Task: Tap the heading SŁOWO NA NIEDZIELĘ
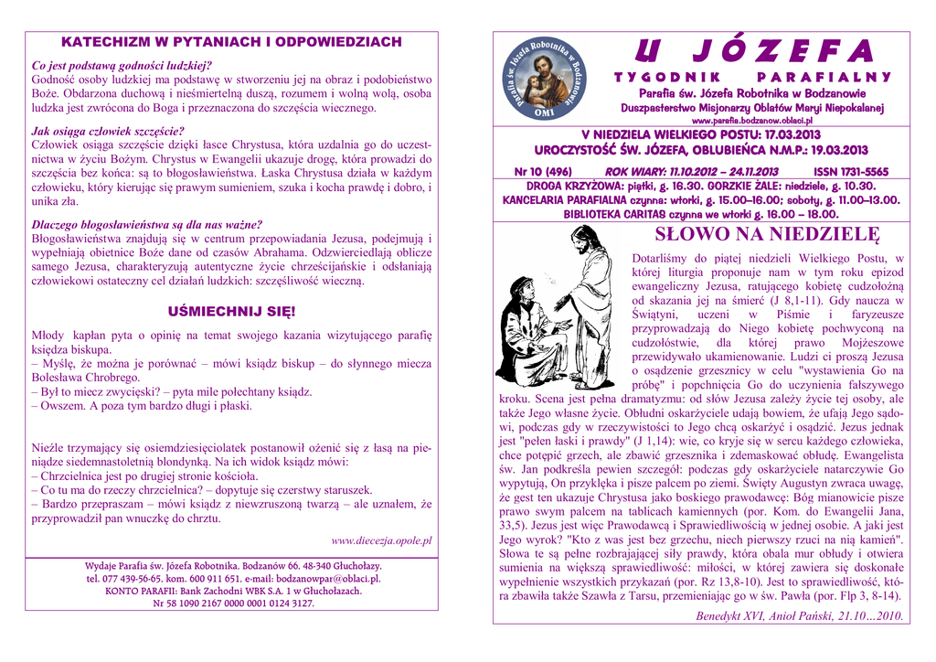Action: (767, 235)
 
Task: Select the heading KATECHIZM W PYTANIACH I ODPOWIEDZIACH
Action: (231, 42)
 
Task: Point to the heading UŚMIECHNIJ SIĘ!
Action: (230, 311)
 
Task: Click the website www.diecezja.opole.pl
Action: (381, 540)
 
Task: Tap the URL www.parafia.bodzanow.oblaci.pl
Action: (752, 121)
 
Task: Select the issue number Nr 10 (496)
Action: (543, 172)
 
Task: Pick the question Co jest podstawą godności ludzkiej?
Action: (122, 66)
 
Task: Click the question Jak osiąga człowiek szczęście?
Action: (108, 131)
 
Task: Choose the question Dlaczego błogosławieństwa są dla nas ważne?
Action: (146, 224)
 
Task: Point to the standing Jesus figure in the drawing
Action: (586, 302)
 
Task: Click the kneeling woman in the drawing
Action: (526, 334)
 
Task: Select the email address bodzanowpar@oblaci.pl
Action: (326, 579)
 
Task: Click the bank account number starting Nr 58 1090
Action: (231, 603)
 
